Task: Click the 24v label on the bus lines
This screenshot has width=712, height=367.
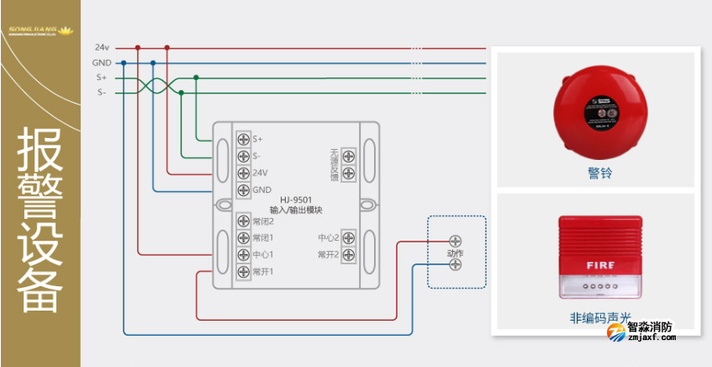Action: (x=102, y=48)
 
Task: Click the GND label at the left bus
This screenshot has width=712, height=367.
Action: (x=102, y=63)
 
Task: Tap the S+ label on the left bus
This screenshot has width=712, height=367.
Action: (x=102, y=77)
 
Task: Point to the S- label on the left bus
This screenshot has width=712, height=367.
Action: (x=102, y=93)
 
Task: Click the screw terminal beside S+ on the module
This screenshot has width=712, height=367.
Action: (x=243, y=139)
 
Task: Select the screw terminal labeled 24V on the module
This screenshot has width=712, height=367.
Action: (x=243, y=173)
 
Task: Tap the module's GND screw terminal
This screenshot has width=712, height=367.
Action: (x=243, y=189)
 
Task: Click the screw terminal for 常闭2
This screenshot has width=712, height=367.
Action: (x=243, y=221)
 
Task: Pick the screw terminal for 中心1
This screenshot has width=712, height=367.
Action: (x=243, y=254)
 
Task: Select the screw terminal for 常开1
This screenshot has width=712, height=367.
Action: (x=243, y=271)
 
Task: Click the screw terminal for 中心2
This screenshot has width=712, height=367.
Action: (x=348, y=237)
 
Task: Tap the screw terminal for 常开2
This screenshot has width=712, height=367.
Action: (x=348, y=254)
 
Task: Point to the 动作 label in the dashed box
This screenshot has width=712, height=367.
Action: (x=455, y=253)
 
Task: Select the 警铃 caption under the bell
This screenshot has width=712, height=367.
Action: (x=600, y=174)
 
